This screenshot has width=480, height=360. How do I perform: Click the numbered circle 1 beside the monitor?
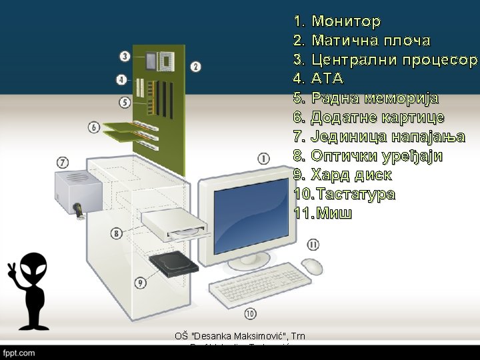click(263, 159)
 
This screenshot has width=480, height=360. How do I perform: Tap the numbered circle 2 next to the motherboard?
click(195, 66)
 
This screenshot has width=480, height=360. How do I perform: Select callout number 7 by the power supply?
click(63, 162)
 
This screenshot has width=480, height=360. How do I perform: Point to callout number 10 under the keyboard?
click(250, 313)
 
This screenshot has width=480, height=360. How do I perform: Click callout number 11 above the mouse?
click(313, 245)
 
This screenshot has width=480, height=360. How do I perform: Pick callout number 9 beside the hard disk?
click(140, 283)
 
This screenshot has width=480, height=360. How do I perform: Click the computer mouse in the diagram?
click(311, 267)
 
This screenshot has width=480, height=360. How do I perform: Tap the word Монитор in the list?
click(346, 22)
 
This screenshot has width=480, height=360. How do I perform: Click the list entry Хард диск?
click(351, 175)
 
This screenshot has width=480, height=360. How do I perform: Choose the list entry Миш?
click(334, 214)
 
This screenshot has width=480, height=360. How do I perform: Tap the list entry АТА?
click(327, 79)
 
